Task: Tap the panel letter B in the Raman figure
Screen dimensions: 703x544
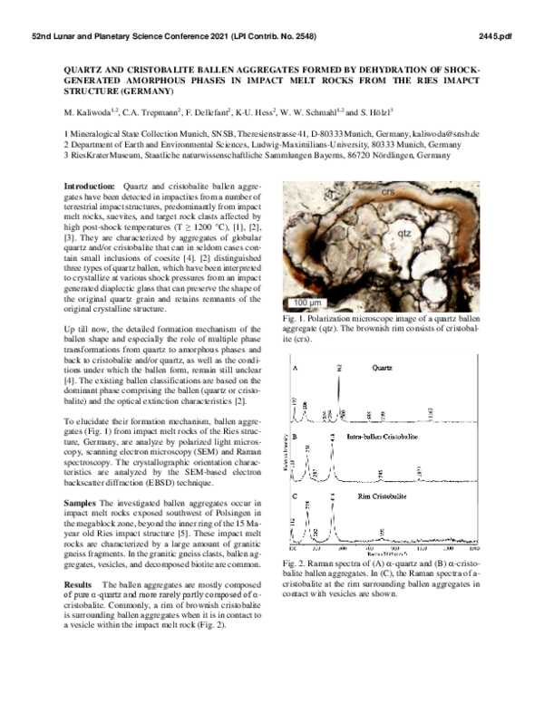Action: point(295,437)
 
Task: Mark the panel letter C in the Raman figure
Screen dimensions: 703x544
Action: point(295,496)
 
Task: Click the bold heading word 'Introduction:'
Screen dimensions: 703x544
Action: point(90,184)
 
